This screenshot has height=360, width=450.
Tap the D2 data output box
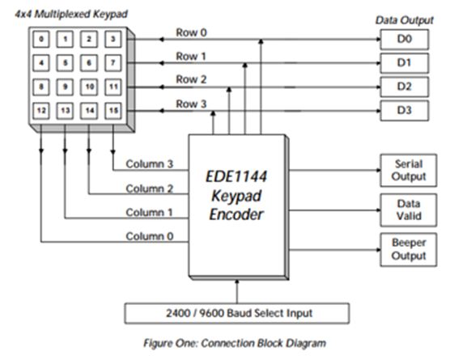(402, 85)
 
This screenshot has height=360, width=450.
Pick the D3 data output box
(402, 109)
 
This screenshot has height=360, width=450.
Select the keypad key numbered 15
(114, 108)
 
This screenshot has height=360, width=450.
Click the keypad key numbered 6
(90, 61)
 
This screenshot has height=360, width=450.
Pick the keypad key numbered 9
(66, 85)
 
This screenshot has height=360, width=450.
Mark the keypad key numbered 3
(114, 38)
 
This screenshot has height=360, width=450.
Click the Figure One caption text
(235, 342)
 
